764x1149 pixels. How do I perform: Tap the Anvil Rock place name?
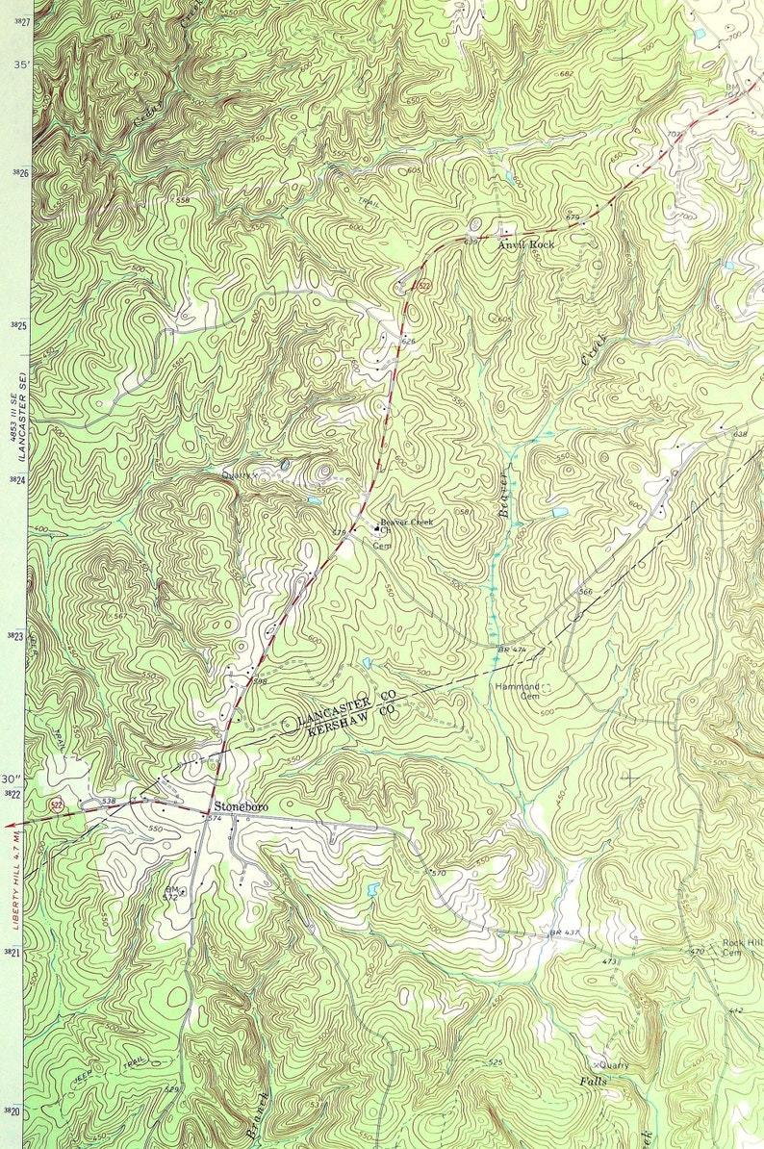coord(526,245)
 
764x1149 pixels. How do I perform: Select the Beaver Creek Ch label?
coord(406,523)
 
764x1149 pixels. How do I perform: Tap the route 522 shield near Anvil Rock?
coord(423,286)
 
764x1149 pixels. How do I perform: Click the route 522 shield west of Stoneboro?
coord(59,804)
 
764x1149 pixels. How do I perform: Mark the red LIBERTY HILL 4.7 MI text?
coord(16,881)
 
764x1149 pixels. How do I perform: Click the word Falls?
coord(592,1082)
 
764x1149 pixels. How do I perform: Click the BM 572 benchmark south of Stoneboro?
coord(171,894)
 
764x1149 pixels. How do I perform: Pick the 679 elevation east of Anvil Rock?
coord(573,218)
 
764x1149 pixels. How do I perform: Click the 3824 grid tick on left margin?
coord(15,479)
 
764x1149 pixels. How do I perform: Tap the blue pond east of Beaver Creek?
coord(559,512)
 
